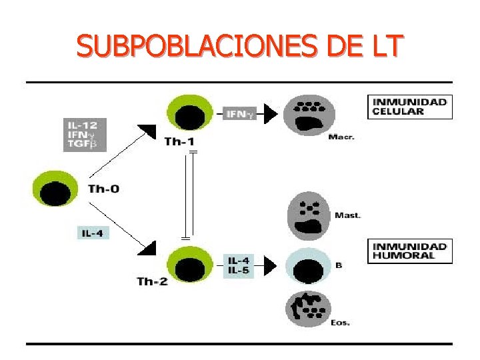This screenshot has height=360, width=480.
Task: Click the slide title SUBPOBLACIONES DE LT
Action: pyautogui.click(x=239, y=46)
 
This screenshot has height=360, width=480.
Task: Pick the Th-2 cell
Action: pyautogui.click(x=191, y=263)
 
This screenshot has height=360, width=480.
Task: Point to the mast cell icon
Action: pyautogui.click(x=308, y=215)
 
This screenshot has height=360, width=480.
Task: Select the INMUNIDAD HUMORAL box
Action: pyautogui.click(x=409, y=251)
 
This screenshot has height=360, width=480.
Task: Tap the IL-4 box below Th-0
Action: pyautogui.click(x=91, y=233)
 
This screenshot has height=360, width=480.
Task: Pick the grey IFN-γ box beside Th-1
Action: pyautogui.click(x=240, y=115)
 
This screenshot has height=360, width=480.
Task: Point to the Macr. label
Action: pyautogui.click(x=341, y=138)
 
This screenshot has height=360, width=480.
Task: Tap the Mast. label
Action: pyautogui.click(x=347, y=215)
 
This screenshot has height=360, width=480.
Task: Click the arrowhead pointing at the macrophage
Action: pyautogui.click(x=268, y=115)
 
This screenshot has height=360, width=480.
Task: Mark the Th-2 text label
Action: pyautogui.click(x=152, y=281)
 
